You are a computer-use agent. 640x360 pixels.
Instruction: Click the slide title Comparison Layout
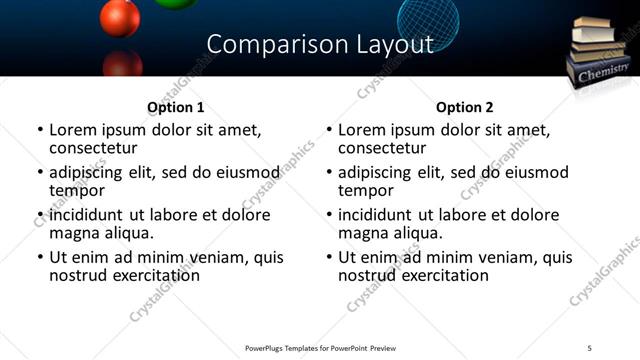320,45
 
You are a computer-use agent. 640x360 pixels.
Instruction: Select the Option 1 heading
175,107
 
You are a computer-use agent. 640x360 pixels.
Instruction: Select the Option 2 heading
464,107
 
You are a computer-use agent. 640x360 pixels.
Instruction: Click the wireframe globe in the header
429,18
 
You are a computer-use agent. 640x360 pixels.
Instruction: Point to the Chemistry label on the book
603,72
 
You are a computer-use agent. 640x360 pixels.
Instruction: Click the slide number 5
590,347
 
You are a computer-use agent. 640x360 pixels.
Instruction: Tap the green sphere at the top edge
176,4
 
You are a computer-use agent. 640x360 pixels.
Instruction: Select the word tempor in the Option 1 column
77,190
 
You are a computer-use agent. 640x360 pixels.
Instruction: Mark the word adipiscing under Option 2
376,172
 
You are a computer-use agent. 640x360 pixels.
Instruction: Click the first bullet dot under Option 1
40,130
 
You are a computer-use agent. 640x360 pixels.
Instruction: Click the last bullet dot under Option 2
329,258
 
